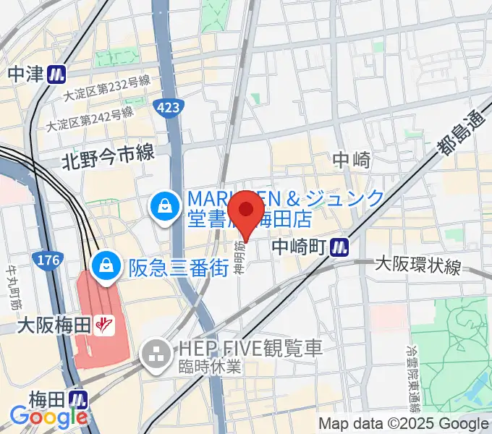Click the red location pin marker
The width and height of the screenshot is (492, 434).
246,211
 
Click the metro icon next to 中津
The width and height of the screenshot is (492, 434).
57,74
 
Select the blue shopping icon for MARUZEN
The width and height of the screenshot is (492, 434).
162,208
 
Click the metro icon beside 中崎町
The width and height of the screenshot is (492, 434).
338,247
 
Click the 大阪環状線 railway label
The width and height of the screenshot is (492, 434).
418,267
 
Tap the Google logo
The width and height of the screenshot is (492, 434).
48,417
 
